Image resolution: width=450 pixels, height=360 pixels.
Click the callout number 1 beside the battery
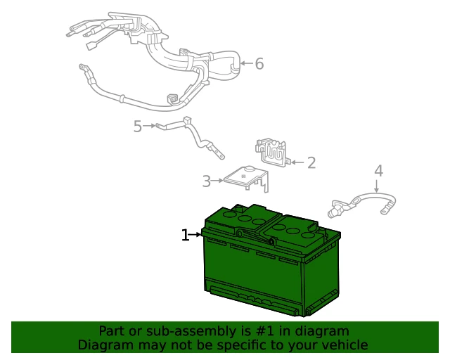185,235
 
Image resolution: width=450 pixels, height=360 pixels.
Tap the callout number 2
311,162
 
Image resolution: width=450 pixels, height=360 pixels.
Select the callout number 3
206,181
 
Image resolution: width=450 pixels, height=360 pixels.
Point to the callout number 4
378,171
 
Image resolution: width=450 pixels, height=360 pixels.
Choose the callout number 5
138,126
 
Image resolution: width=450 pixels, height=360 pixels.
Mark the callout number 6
259,63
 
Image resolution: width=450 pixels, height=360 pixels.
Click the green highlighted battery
271,260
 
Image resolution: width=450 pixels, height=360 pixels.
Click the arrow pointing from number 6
247,63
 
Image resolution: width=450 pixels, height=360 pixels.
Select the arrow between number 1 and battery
195,235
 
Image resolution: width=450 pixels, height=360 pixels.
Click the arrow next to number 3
217,181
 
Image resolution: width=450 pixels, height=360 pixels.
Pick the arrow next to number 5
150,126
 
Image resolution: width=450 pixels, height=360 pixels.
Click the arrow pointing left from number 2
297,162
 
